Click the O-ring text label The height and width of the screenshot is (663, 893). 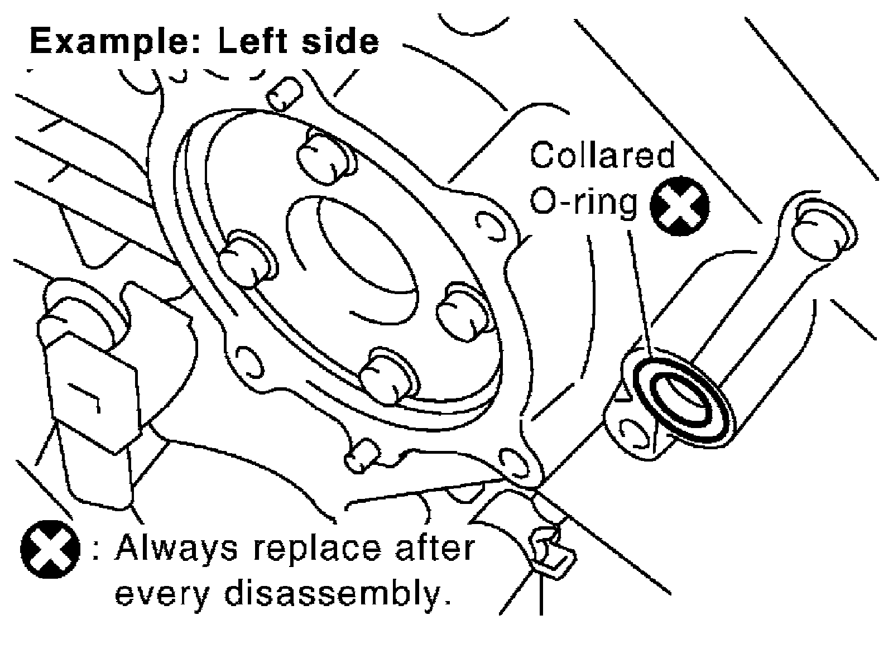click(x=583, y=201)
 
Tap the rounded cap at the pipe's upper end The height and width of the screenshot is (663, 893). click(x=824, y=231)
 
